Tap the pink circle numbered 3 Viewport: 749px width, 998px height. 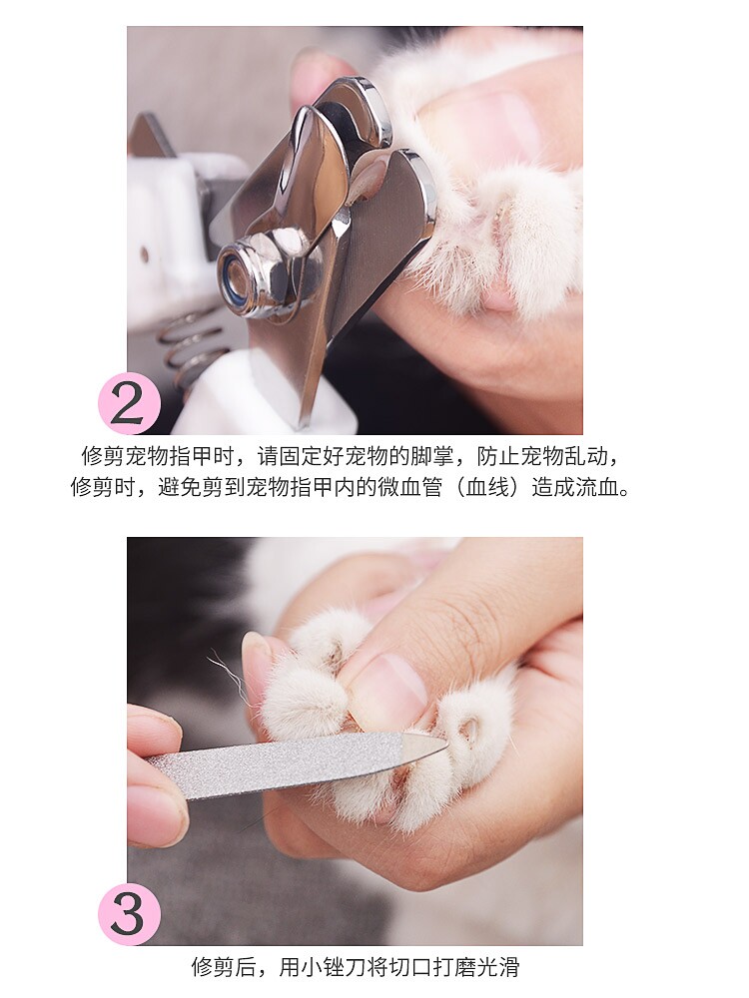tap(129, 914)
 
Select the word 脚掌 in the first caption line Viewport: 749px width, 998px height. tap(432, 456)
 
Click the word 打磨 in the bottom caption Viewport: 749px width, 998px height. tap(453, 967)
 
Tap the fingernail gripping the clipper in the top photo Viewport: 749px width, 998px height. tap(312, 71)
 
